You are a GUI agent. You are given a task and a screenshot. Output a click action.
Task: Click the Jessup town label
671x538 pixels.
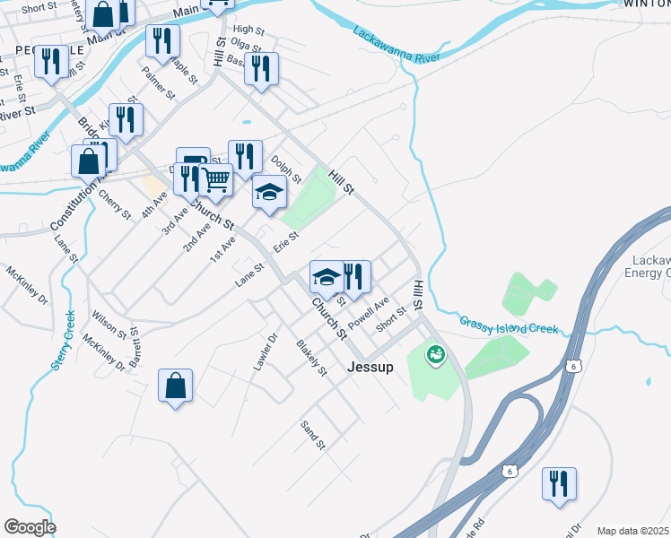coord(370,366)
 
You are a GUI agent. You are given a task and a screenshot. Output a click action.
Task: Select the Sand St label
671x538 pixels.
coord(311,436)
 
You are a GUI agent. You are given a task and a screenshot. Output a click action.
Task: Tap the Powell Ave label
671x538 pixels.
coord(368,312)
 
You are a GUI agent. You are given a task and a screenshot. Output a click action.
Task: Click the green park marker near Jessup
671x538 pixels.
coord(436,356)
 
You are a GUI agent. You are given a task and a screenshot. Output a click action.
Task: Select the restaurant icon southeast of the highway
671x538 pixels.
coord(559,483)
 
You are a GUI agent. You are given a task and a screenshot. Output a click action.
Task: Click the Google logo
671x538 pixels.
coord(30,526)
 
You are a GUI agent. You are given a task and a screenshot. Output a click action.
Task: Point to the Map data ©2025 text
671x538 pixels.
coord(632,531)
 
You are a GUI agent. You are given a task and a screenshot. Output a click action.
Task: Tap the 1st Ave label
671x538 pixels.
coord(222,253)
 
